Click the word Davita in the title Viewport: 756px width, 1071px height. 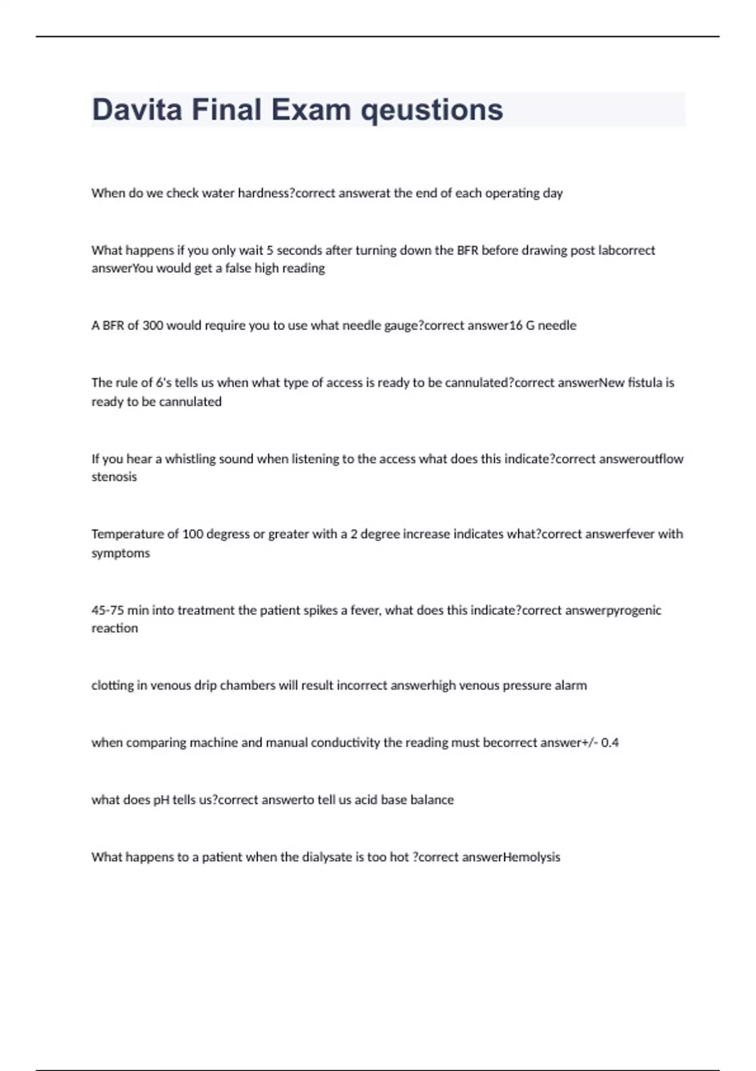pyautogui.click(x=137, y=110)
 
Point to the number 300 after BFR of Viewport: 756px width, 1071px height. pyautogui.click(x=153, y=326)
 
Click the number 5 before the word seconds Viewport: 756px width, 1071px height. pyautogui.click(x=270, y=250)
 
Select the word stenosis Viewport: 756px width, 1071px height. pyautogui.click(x=114, y=477)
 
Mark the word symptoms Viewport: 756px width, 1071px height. pyautogui.click(x=121, y=553)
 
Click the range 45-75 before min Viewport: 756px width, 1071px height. pyautogui.click(x=108, y=610)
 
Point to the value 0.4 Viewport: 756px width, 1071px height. pyautogui.click(x=610, y=743)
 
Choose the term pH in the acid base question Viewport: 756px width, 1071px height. pyautogui.click(x=162, y=800)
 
